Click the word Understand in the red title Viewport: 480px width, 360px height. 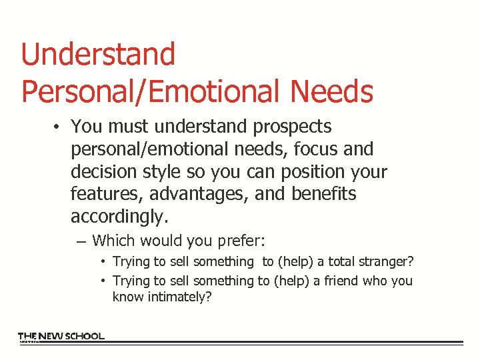click(x=98, y=55)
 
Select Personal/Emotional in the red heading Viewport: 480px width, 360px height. click(x=148, y=91)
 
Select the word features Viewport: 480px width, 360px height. click(x=106, y=195)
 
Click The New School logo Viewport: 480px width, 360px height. click(x=61, y=337)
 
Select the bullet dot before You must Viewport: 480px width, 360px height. click(x=59, y=127)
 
